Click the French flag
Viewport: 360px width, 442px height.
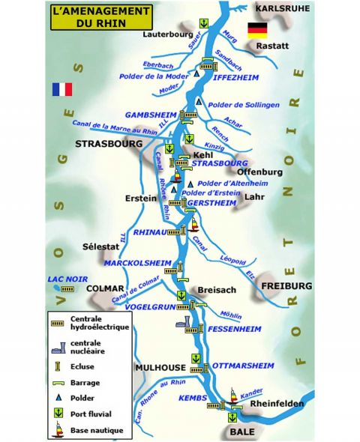click(62, 89)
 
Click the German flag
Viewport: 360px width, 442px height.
click(257, 31)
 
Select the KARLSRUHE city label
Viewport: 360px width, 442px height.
click(282, 7)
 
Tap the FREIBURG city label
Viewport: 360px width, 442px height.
click(286, 286)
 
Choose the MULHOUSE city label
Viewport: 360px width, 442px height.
click(160, 368)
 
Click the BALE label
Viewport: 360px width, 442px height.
click(239, 433)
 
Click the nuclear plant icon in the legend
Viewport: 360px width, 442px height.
click(58, 347)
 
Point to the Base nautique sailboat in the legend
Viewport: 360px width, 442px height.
click(58, 430)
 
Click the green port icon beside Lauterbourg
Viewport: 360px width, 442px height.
click(204, 24)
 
